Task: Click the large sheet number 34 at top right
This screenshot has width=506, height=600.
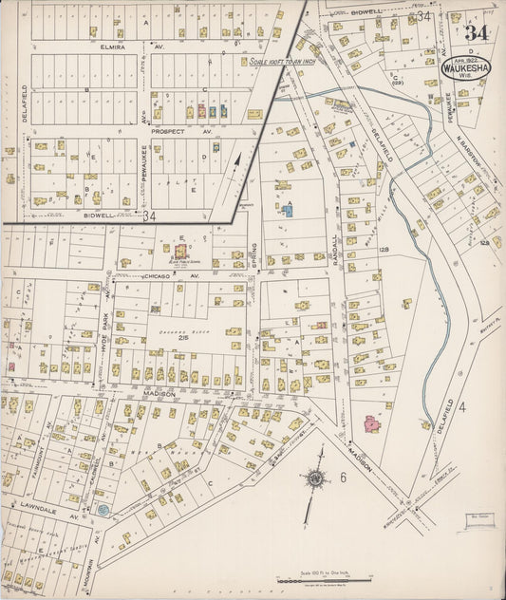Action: coord(477,32)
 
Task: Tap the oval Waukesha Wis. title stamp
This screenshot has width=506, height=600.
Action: coord(466,67)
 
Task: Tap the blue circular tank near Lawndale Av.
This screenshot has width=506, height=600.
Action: coord(103,510)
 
